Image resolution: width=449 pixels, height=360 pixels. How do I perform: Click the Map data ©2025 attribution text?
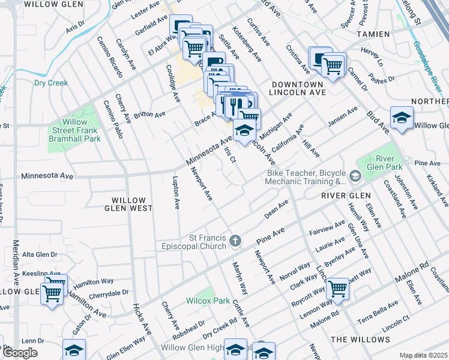click(x=423, y=355)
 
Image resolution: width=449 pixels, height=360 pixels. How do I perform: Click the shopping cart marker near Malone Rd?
click(x=338, y=288)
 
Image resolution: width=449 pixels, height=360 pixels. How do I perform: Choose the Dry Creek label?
click(x=50, y=83)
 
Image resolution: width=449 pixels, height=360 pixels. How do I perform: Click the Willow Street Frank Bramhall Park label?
click(x=74, y=130)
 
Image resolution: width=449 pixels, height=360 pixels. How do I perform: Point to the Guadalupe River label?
click(x=430, y=66)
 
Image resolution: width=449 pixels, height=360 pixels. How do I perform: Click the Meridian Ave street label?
click(x=16, y=264)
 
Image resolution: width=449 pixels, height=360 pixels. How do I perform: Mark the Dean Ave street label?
click(x=277, y=210)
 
